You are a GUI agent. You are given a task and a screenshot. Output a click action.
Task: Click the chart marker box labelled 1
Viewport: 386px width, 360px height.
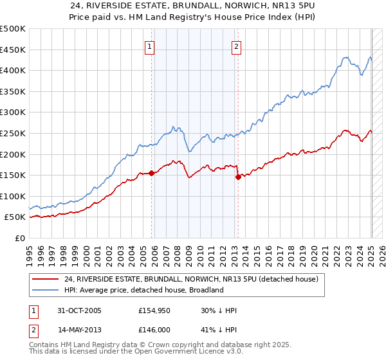(149, 46)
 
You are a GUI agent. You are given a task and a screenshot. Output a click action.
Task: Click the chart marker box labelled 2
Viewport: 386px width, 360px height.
(237, 46)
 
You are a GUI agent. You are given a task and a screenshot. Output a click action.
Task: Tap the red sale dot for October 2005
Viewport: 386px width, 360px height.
(152, 173)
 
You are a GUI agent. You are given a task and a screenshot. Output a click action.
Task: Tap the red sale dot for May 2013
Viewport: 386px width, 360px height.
(238, 177)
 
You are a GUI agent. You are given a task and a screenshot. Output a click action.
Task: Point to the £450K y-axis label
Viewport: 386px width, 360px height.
(14, 50)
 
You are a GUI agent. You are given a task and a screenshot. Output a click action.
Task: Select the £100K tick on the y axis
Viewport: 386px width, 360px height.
(14, 196)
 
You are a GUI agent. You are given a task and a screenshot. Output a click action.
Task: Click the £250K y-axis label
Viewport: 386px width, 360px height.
(14, 133)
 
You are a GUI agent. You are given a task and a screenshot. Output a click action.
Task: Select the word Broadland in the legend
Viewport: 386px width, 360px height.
(205, 290)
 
